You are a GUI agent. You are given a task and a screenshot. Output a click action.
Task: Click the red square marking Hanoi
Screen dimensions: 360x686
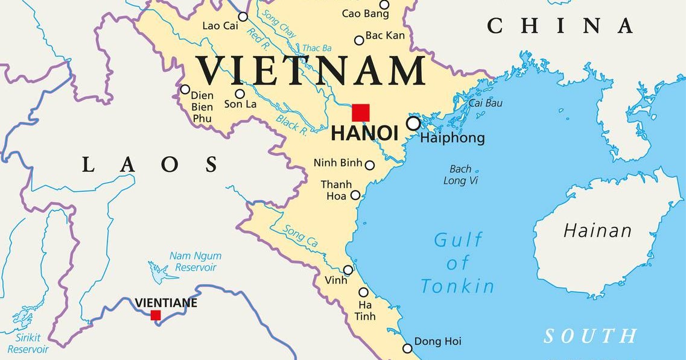(361, 113)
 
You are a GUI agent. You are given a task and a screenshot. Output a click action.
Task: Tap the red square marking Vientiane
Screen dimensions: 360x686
(156, 315)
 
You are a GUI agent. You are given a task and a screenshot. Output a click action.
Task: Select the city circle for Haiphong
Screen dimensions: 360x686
(413, 124)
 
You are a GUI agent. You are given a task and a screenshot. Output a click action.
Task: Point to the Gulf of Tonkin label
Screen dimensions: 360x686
(458, 263)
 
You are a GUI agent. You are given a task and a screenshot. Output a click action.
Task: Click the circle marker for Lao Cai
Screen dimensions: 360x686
(243, 17)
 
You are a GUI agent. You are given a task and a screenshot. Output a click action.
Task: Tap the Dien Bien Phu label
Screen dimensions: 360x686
(202, 107)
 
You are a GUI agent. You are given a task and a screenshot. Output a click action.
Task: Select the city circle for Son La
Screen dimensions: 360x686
(240, 93)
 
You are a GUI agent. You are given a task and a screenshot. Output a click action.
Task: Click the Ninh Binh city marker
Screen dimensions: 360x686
(370, 165)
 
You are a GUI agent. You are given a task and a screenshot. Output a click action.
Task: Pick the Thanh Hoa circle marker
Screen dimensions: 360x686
(355, 195)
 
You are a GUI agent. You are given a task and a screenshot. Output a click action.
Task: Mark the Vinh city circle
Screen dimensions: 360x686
(348, 270)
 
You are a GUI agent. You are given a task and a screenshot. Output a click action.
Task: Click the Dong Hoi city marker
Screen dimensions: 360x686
(407, 348)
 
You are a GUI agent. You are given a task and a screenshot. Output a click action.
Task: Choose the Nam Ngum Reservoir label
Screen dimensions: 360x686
(195, 262)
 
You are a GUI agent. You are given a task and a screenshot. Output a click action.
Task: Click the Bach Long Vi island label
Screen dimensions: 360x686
(461, 175)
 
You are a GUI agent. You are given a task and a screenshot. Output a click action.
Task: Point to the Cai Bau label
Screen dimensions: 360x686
(486, 103)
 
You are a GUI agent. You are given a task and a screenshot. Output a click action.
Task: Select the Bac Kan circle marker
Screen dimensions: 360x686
(359, 40)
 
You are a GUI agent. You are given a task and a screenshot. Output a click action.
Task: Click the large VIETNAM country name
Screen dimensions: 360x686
(311, 71)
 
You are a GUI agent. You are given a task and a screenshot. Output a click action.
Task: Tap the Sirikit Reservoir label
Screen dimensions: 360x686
(28, 344)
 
